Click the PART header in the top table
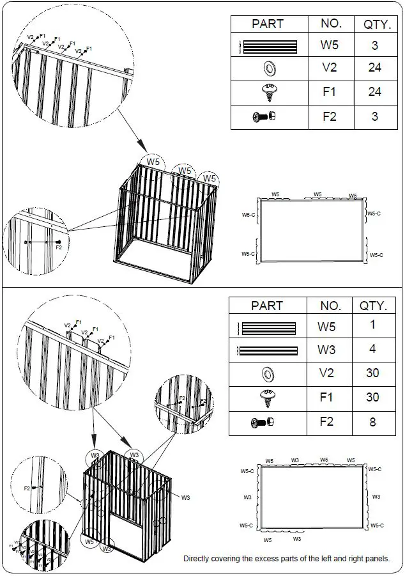(x=268, y=24)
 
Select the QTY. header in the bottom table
(x=374, y=306)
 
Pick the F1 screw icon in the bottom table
(x=268, y=397)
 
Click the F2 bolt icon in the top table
(x=264, y=117)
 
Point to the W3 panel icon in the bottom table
(x=268, y=350)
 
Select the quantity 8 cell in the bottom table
(x=373, y=422)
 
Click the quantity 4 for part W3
(x=373, y=349)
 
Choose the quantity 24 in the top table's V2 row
(x=374, y=68)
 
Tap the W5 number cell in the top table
(x=329, y=45)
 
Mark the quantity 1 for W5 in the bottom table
(x=373, y=325)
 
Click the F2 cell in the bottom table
(x=327, y=422)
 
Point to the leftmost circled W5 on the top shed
(x=153, y=162)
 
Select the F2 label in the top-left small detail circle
(x=59, y=247)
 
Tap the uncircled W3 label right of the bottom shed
(x=185, y=497)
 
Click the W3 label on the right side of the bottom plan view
(x=376, y=497)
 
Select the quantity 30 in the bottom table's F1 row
(x=373, y=397)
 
